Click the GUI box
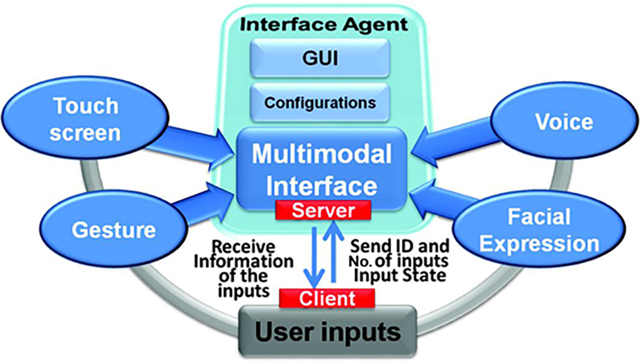pos(320,58)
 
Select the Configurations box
pos(320,102)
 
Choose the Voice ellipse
pos(553,122)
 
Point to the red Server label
pos(320,210)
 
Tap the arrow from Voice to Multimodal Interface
pos(448,144)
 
